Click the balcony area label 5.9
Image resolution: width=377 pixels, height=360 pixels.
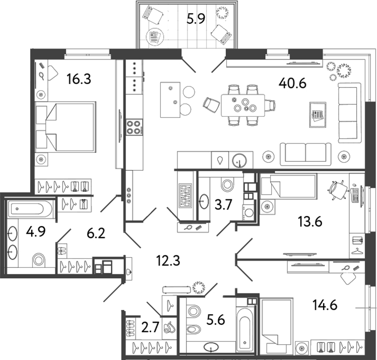click(196, 19)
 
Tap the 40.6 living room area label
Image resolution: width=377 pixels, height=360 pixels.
click(292, 84)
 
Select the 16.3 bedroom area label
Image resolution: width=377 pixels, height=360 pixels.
click(79, 79)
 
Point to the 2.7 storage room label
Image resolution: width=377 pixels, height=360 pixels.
click(151, 327)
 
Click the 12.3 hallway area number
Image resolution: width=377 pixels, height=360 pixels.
click(168, 261)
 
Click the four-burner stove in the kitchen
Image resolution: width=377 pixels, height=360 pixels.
click(134, 127)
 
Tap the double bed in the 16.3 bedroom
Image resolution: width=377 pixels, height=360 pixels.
click(66, 127)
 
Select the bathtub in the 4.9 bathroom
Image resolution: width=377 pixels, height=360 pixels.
click(30, 208)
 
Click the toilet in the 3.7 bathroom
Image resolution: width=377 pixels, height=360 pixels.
click(227, 185)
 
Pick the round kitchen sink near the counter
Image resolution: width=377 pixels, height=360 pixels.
click(239, 160)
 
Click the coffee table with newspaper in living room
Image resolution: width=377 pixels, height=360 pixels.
click(318, 115)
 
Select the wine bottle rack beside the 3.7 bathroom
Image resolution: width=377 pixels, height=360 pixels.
click(185, 196)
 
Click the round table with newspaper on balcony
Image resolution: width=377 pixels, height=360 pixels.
click(155, 37)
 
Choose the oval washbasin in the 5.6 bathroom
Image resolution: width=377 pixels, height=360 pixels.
click(211, 347)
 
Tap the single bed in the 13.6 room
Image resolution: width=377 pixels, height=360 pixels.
click(288, 186)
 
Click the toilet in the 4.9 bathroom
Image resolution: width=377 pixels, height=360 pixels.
click(38, 260)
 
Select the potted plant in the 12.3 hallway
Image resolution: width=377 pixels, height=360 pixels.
click(199, 287)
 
